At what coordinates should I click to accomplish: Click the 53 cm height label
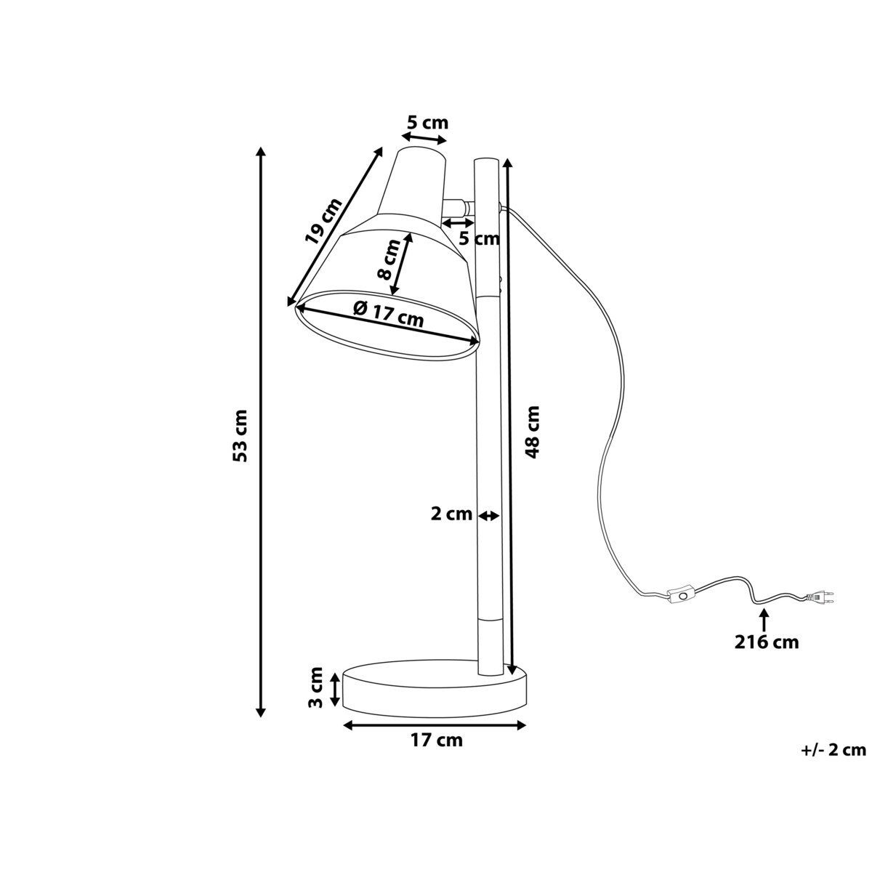pyautogui.click(x=241, y=436)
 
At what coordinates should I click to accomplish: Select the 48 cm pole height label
pyautogui.click(x=533, y=432)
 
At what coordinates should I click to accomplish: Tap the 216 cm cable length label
pyautogui.click(x=765, y=642)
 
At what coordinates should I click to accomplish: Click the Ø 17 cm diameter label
pyautogui.click(x=388, y=313)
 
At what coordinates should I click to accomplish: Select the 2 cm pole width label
pyautogui.click(x=451, y=514)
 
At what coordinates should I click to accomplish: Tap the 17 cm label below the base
pyautogui.click(x=436, y=740)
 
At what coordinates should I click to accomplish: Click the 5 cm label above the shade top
pyautogui.click(x=427, y=122)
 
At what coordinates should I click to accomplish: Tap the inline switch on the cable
pyautogui.click(x=682, y=596)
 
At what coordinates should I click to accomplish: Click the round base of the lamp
pyautogui.click(x=435, y=690)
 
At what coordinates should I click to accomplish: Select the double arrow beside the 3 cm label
pyautogui.click(x=334, y=688)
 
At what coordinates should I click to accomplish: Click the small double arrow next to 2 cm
pyautogui.click(x=489, y=515)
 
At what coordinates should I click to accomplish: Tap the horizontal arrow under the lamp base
pyautogui.click(x=434, y=724)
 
